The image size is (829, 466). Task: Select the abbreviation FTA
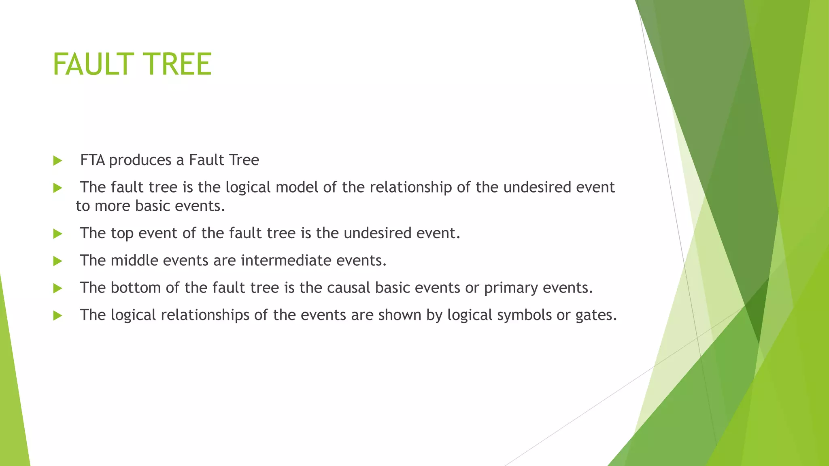(x=93, y=160)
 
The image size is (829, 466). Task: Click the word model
(x=297, y=187)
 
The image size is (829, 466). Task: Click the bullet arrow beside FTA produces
(x=57, y=161)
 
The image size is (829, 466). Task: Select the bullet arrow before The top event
(x=57, y=234)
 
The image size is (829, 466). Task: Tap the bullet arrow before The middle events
(x=57, y=261)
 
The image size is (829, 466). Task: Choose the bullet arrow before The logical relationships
(x=57, y=316)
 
